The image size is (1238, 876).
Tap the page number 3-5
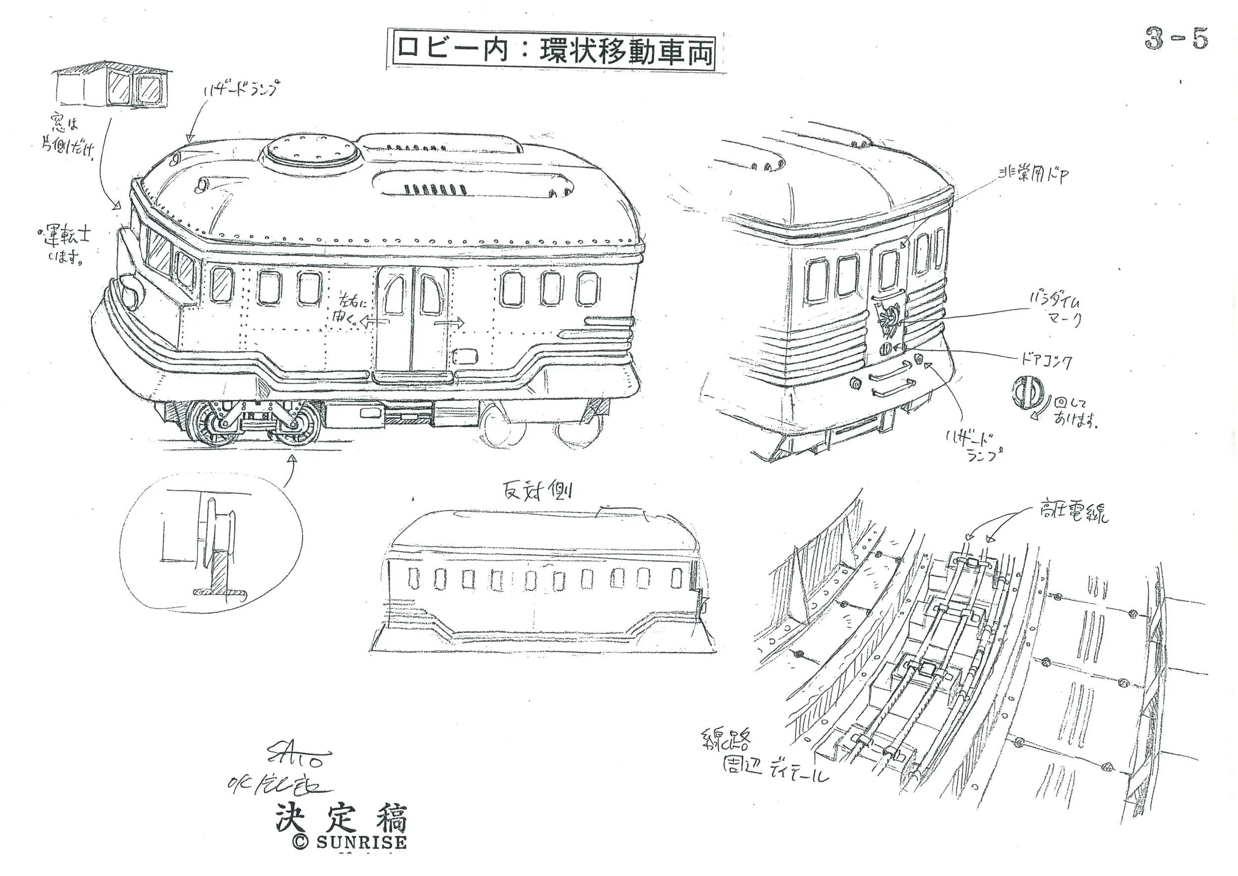[x=1176, y=39]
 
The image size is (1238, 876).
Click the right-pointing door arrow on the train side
[x=450, y=323]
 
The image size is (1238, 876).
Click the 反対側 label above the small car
[x=536, y=491]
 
